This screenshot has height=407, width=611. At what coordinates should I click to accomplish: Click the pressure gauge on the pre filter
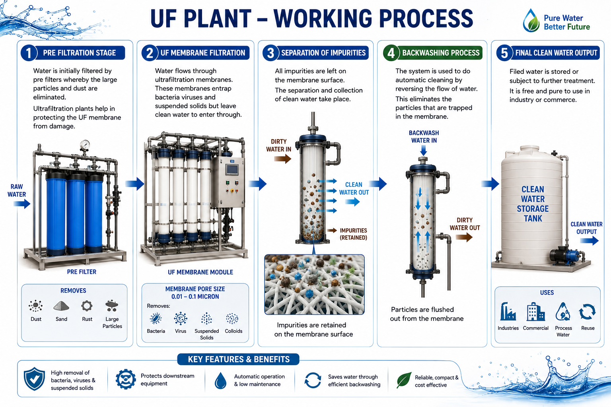pos(86,145)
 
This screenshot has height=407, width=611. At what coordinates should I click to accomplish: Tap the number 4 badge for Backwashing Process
pos(391,52)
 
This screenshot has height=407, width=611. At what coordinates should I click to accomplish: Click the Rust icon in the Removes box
pos(87,306)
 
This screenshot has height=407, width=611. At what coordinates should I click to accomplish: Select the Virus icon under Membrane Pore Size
pos(181,318)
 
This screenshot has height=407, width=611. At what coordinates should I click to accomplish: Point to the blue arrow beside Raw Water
pos(22,203)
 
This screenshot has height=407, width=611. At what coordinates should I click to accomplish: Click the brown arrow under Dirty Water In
pos(282,159)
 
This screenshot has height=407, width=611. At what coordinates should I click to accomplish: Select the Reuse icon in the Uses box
pos(588,312)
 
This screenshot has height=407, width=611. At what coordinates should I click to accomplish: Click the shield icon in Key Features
pos(34,379)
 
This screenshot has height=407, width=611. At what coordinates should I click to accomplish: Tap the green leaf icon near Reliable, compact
pos(404,380)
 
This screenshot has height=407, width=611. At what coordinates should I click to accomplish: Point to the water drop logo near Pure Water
pos(531,20)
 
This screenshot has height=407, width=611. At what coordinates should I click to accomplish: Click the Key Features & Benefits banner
pos(238,359)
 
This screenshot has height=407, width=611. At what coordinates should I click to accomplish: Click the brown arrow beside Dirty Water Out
pos(464,237)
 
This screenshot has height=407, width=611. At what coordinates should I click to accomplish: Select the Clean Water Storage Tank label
pos(533,204)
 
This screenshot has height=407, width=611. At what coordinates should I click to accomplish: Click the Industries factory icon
pos(508,311)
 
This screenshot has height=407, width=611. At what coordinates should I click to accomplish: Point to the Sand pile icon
pos(61,306)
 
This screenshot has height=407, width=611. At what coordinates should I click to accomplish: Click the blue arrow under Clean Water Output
pos(589,241)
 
